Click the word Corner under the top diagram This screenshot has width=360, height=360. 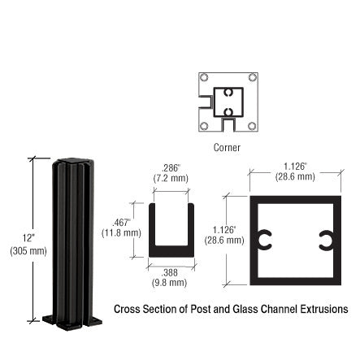(x=227, y=147)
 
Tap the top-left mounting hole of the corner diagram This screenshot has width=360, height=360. (x=204, y=77)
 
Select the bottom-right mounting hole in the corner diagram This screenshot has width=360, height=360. (x=252, y=126)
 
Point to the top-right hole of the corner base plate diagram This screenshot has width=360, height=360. (x=252, y=77)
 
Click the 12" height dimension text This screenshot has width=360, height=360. (x=29, y=238)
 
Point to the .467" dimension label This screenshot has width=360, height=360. (x=122, y=222)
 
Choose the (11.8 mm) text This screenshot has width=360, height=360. (x=122, y=232)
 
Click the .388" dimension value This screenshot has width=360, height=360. (x=170, y=273)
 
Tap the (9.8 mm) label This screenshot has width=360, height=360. (x=170, y=283)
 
